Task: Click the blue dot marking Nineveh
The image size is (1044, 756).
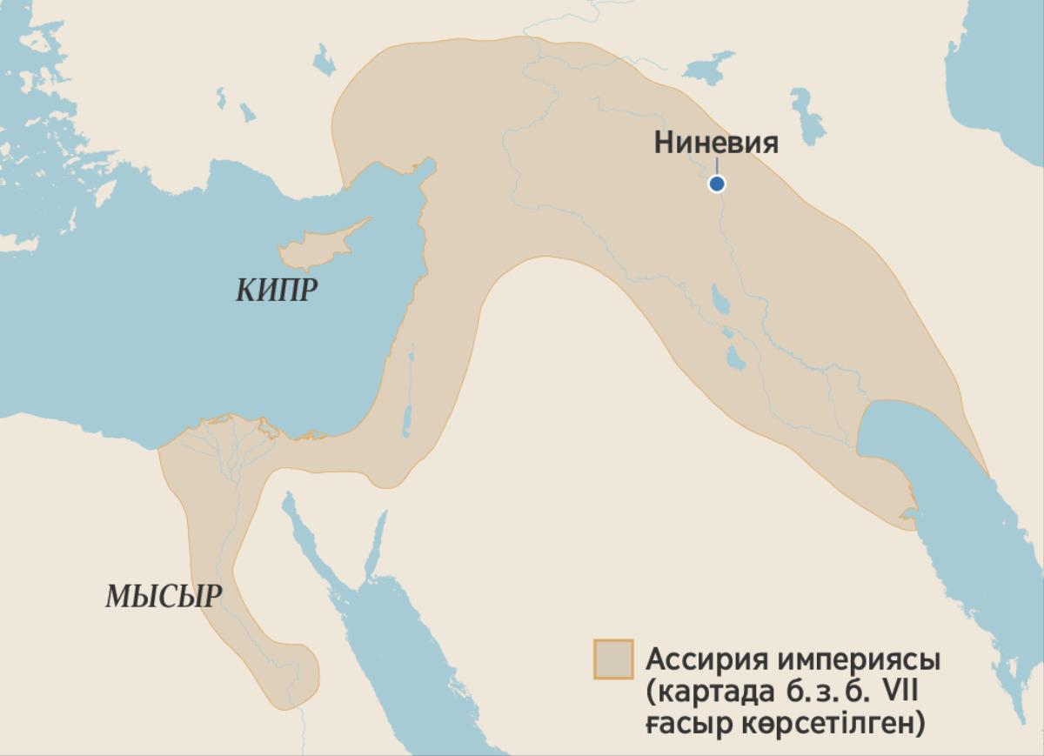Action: (x=717, y=184)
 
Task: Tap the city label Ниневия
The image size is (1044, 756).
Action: (x=716, y=143)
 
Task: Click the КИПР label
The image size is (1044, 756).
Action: (x=277, y=291)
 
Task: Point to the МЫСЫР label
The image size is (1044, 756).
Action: (x=164, y=597)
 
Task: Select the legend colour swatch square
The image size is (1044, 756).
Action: (x=612, y=659)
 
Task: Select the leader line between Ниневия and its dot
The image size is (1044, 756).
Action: (x=717, y=167)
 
